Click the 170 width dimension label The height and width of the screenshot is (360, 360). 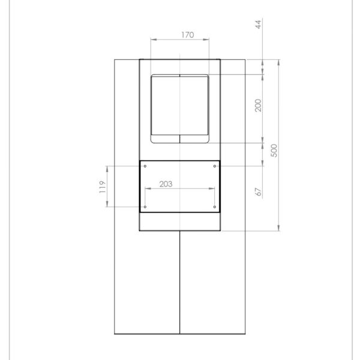187,35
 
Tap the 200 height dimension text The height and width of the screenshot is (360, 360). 258,106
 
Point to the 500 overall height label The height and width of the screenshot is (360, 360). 274,150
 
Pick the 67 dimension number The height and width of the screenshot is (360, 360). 258,192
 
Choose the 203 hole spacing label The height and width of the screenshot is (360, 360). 166,184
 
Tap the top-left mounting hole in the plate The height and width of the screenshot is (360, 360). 146,166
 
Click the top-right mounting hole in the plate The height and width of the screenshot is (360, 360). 215,166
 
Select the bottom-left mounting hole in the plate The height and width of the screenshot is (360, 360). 146,207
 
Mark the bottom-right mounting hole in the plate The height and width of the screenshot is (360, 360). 215,207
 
